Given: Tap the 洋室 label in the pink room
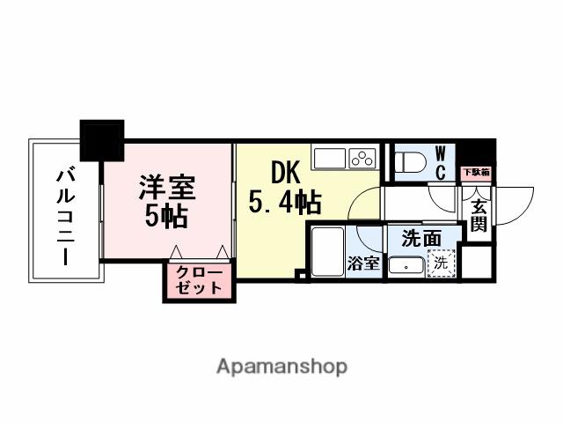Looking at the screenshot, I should tap(166, 187).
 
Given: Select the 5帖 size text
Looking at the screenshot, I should tap(165, 216).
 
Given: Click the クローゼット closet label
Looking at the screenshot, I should tap(198, 280).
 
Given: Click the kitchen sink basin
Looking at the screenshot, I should tap(330, 159).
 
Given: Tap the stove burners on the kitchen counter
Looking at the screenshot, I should tap(362, 159).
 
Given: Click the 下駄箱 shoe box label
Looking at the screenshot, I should tap(478, 174).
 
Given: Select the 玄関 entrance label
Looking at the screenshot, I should tap(479, 217).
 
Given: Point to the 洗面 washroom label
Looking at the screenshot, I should tap(421, 238).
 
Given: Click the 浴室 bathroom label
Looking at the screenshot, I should tap(363, 263).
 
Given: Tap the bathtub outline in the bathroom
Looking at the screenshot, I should tap(326, 252).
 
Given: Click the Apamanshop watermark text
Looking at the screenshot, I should tap(281, 366).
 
